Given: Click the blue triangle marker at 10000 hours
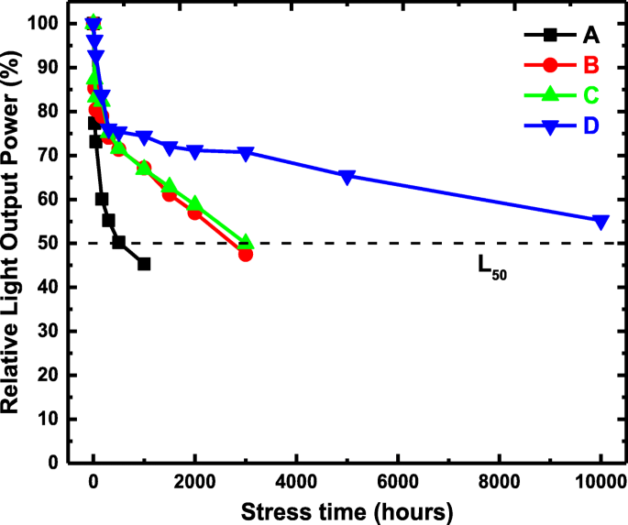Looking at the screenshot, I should click(600, 222).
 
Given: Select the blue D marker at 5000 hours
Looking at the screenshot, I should click(347, 177).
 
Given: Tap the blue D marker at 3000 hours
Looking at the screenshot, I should click(246, 153).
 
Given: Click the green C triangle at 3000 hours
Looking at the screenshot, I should click(246, 242).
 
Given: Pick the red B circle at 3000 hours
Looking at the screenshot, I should click(246, 254).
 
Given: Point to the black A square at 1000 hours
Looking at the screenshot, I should click(144, 264).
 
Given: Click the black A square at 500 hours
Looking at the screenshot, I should click(118, 242).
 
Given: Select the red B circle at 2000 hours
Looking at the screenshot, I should click(194, 213).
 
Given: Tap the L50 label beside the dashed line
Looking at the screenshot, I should click(491, 267).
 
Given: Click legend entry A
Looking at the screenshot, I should click(591, 36).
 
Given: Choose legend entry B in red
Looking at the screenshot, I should click(591, 65).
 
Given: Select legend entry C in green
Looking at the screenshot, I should click(591, 95).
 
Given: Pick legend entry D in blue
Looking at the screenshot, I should click(591, 126).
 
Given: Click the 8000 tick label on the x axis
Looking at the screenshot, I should click(499, 483).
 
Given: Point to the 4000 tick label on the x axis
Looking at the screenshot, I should click(296, 483).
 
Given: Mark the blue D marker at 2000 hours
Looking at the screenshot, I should click(194, 151).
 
